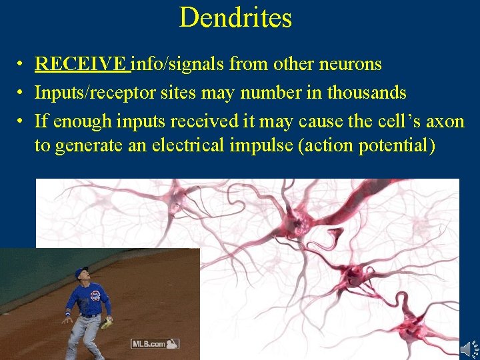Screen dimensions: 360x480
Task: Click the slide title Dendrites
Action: click(235, 17)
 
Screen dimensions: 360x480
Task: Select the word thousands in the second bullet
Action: click(367, 92)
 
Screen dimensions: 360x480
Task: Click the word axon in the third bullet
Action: click(445, 121)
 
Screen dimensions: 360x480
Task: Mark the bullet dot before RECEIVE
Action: click(22, 65)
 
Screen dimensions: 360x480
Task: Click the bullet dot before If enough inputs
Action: click(22, 121)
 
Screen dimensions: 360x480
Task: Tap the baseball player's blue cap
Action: click(81, 271)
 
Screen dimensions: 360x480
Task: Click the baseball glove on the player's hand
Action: click(107, 323)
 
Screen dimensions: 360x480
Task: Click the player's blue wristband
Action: click(68, 313)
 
